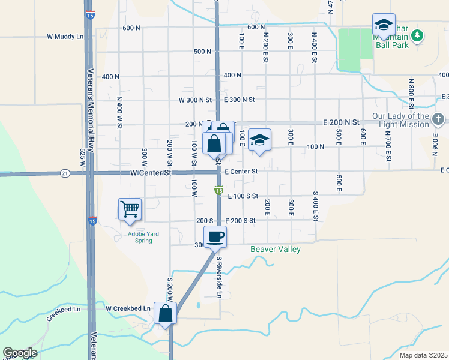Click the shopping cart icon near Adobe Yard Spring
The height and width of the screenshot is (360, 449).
tap(130, 209)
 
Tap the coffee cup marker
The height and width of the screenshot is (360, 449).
tap(215, 236)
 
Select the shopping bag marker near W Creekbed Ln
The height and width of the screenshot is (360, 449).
tap(165, 313)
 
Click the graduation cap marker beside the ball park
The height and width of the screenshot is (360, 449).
tap(384, 25)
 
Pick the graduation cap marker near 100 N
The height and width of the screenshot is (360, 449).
tap(259, 140)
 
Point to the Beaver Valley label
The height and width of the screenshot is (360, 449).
tap(275, 249)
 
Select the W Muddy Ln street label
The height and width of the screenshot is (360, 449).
tap(65, 37)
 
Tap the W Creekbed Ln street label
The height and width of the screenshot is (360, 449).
tap(128, 308)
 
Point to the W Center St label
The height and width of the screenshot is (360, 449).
tap(151, 173)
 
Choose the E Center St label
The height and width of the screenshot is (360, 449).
tap(241, 172)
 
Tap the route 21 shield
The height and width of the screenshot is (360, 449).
tap(65, 173)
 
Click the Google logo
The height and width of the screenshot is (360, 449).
tap(20, 353)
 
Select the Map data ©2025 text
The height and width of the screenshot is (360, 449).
tap(423, 355)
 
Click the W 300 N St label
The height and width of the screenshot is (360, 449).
tap(196, 100)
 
